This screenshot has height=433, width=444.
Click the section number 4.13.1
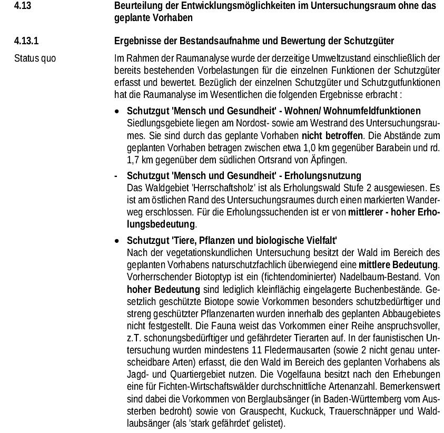point(25,41)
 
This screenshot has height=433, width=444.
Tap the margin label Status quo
point(35,58)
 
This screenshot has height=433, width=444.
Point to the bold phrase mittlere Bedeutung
point(399,263)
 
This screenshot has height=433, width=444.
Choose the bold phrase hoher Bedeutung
point(163,289)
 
